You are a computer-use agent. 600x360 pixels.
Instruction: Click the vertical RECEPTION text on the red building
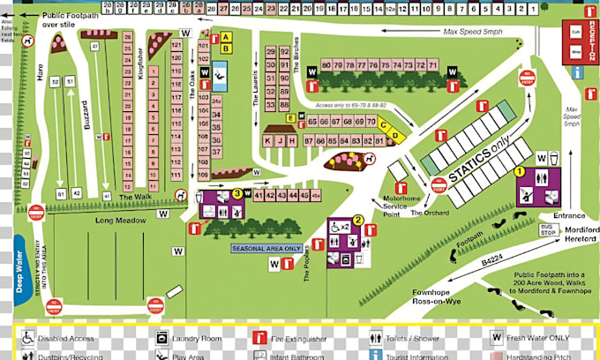[x=590, y=40]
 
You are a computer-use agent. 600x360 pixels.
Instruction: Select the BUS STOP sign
[x=548, y=229]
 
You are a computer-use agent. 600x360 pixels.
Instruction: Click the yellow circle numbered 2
[x=357, y=220]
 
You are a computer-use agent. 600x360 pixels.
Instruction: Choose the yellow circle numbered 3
[x=236, y=193]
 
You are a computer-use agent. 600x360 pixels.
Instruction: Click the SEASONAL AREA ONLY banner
[x=266, y=249]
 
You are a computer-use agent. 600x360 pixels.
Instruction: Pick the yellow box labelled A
[x=225, y=37]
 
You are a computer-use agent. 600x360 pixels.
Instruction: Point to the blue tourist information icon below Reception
[x=578, y=72]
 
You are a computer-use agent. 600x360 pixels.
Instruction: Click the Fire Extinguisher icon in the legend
[x=261, y=337]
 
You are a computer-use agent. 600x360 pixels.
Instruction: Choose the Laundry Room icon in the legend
[x=162, y=337]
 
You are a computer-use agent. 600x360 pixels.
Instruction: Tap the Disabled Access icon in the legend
[x=27, y=337]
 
